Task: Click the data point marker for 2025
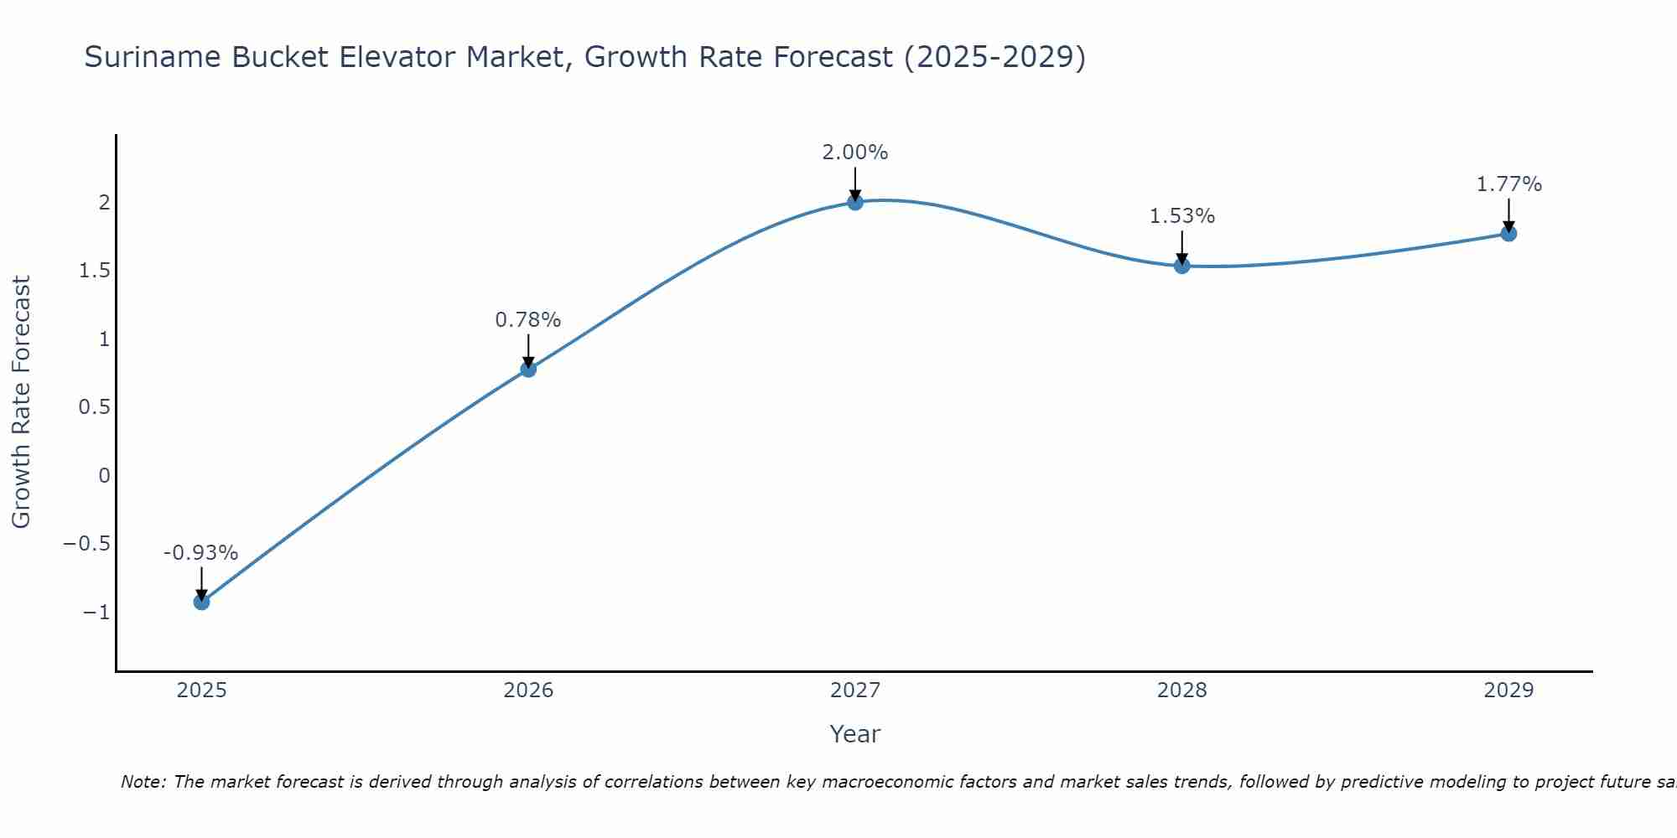201,602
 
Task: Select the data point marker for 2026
528,369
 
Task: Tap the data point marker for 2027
855,202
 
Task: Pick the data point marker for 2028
1182,266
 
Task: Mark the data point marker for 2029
1508,233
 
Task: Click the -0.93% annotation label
200,553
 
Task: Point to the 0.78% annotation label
527,320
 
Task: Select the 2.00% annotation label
854,153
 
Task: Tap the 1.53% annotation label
1181,216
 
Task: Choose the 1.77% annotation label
1508,184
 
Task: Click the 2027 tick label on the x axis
855,691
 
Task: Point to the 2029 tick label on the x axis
1508,691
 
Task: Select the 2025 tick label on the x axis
201,691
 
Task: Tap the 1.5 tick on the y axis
95,271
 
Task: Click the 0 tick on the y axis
104,476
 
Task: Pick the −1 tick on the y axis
96,613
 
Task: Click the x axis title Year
854,734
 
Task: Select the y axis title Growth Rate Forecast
21,402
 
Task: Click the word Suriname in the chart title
153,57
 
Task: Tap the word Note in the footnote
143,782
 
